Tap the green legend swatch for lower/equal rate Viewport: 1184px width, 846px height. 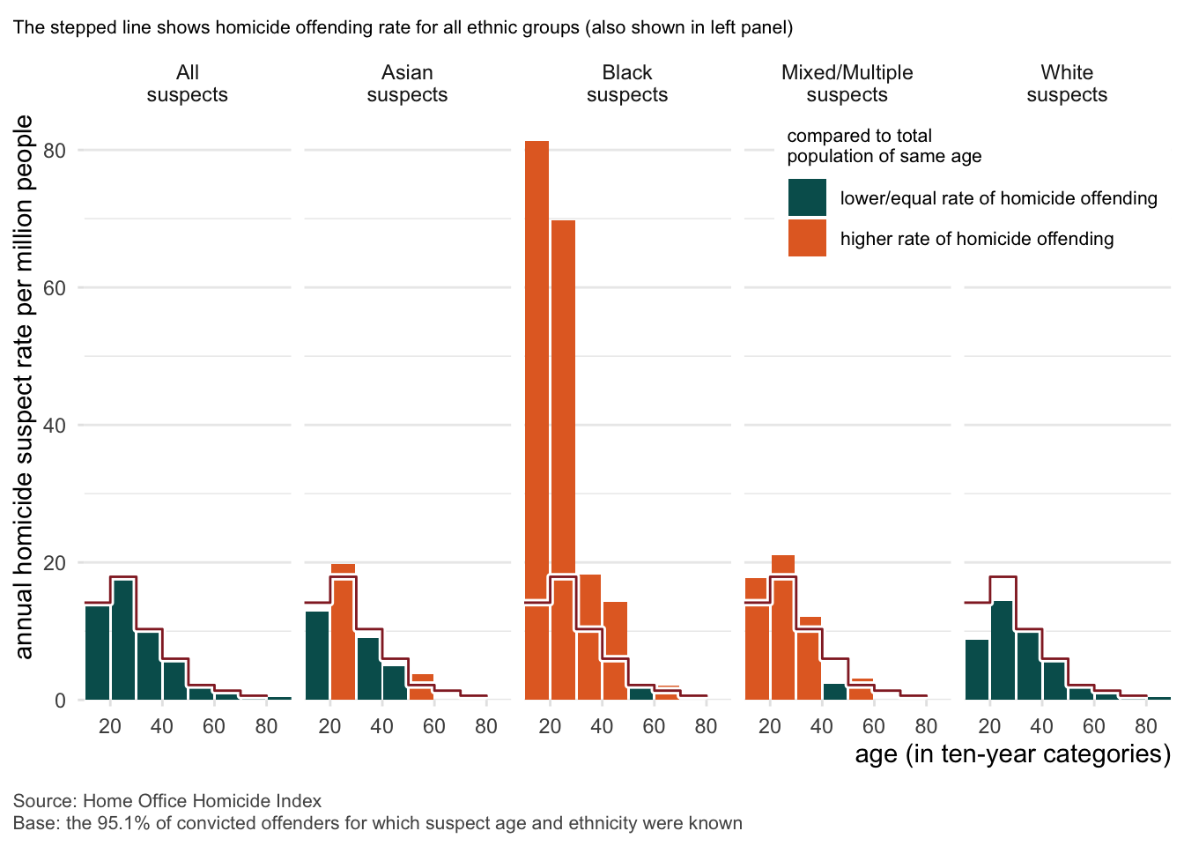point(807,198)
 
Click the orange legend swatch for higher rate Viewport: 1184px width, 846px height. point(807,239)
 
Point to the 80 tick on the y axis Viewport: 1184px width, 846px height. point(55,151)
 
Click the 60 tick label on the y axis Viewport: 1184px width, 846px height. point(55,288)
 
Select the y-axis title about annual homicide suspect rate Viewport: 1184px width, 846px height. point(24,388)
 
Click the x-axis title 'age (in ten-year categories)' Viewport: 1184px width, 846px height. point(1012,754)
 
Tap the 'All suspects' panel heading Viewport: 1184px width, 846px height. point(187,84)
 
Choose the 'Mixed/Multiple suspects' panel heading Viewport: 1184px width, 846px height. point(847,84)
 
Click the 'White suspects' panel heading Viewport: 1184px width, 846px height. point(1066,84)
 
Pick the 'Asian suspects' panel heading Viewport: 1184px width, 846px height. point(407,84)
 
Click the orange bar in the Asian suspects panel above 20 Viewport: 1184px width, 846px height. point(343,630)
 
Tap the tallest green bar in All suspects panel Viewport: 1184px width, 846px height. point(123,640)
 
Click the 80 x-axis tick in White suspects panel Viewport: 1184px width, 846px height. point(1145,727)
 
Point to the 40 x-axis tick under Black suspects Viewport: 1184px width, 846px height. point(602,727)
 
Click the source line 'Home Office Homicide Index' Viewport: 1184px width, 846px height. point(202,801)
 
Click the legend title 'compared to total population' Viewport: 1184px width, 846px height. point(884,146)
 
